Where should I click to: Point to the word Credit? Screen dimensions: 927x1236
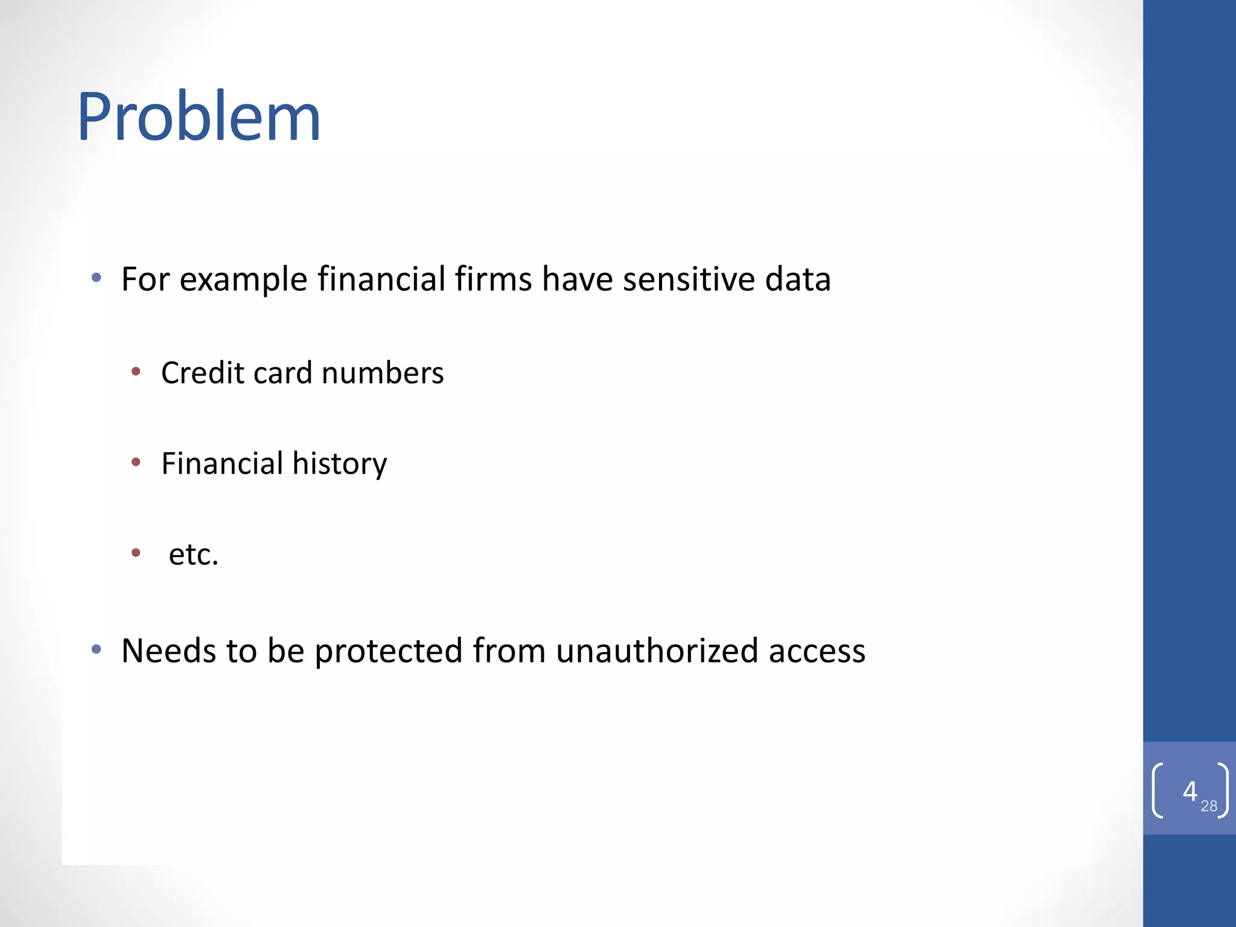coord(203,372)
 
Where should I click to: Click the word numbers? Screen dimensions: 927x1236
coord(383,372)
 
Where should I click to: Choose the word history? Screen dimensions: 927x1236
coord(340,463)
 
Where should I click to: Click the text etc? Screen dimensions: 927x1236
coord(193,554)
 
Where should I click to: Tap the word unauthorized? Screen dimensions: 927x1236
coord(657,651)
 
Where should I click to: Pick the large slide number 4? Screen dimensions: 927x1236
coord(1190,791)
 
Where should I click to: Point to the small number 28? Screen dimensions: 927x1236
coord(1209,806)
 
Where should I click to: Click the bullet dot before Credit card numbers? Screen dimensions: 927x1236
coord(136,371)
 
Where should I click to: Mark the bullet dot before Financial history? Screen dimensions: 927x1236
coord(136,462)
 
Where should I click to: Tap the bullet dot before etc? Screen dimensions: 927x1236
coord(136,552)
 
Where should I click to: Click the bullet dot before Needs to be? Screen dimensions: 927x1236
coord(96,649)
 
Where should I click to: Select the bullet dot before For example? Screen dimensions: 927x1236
coord(96,278)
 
